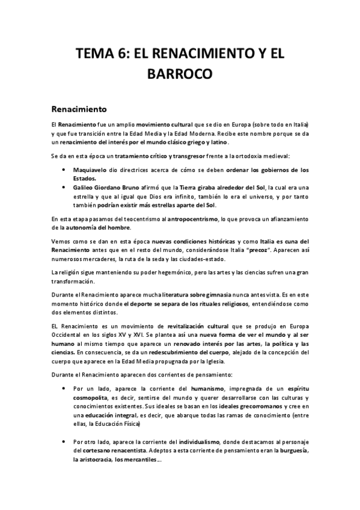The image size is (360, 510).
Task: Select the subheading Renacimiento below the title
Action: pyautogui.click(x=79, y=109)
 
